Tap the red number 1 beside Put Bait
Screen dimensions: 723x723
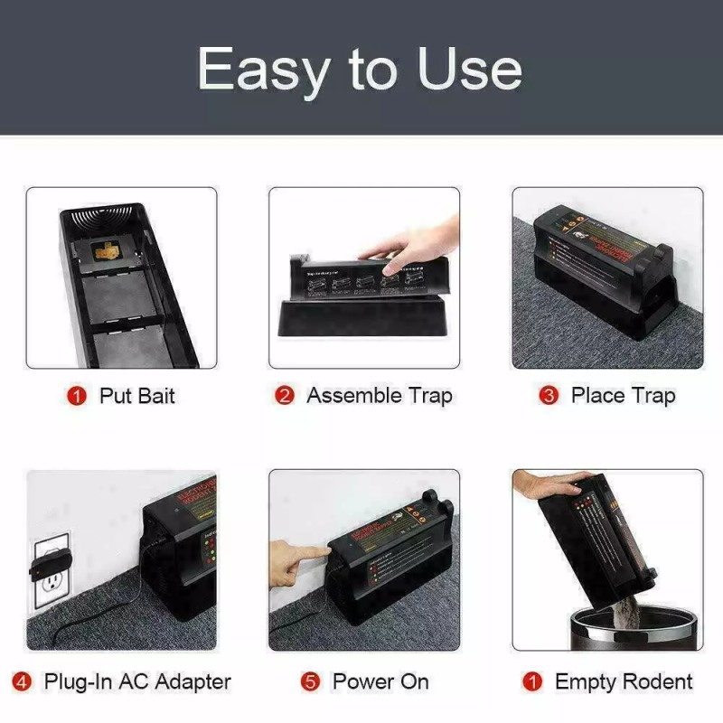click(78, 396)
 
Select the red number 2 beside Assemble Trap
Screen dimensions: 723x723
click(285, 396)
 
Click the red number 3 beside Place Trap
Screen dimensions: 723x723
click(549, 396)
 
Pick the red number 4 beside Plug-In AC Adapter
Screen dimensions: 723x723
click(23, 681)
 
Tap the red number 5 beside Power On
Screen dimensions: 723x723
click(311, 681)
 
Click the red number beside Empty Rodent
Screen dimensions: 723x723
click(533, 681)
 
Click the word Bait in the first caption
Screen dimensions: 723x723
click(155, 396)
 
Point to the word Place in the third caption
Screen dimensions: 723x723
click(597, 396)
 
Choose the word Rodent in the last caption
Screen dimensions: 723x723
click(656, 681)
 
